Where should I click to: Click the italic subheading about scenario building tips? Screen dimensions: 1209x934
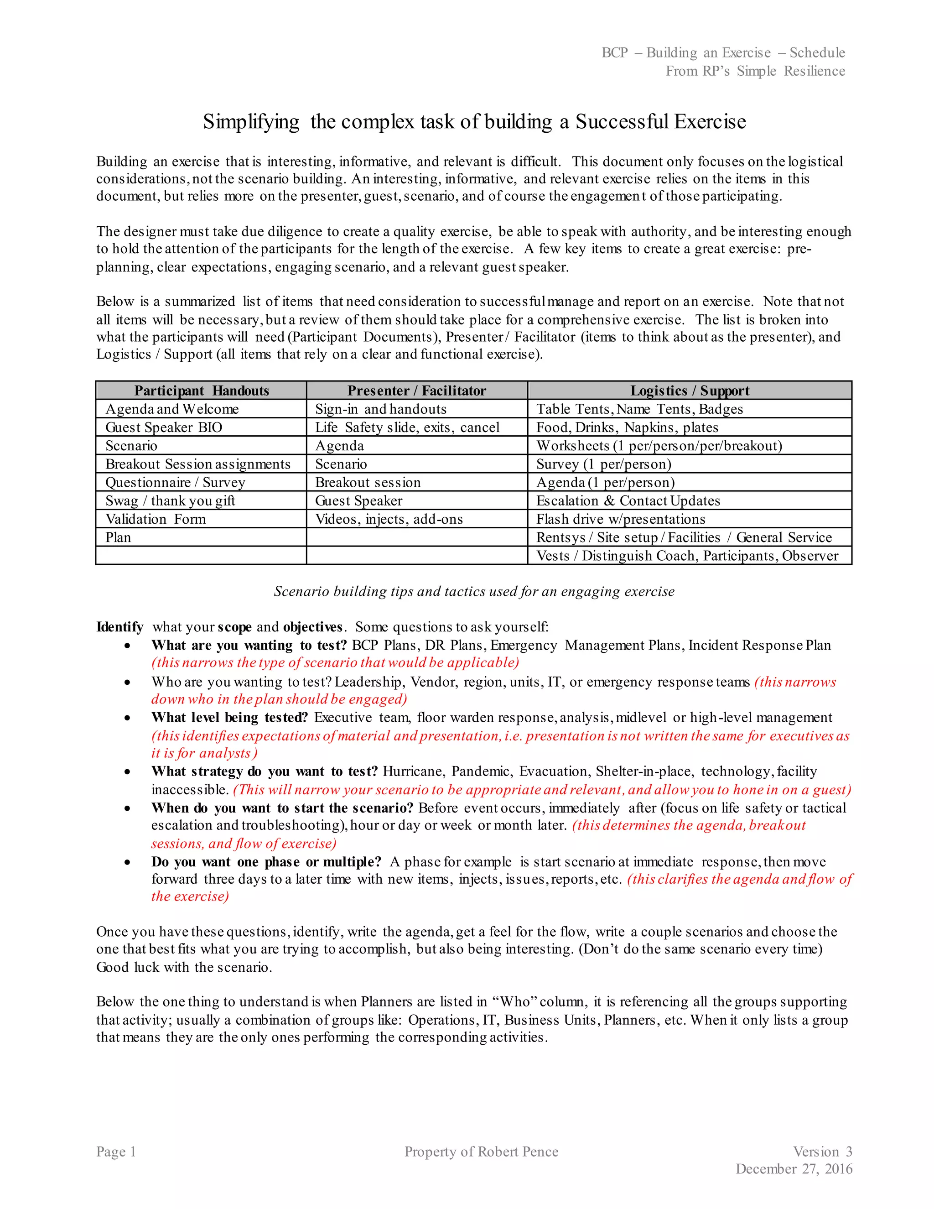pos(474,591)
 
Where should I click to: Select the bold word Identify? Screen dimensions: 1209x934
pos(119,627)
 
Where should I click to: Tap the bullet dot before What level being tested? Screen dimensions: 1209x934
pos(128,718)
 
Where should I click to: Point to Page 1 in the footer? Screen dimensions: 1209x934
pos(116,1152)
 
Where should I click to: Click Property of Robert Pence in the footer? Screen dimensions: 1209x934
pos(482,1152)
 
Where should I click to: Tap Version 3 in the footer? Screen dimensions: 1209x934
pos(822,1152)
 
